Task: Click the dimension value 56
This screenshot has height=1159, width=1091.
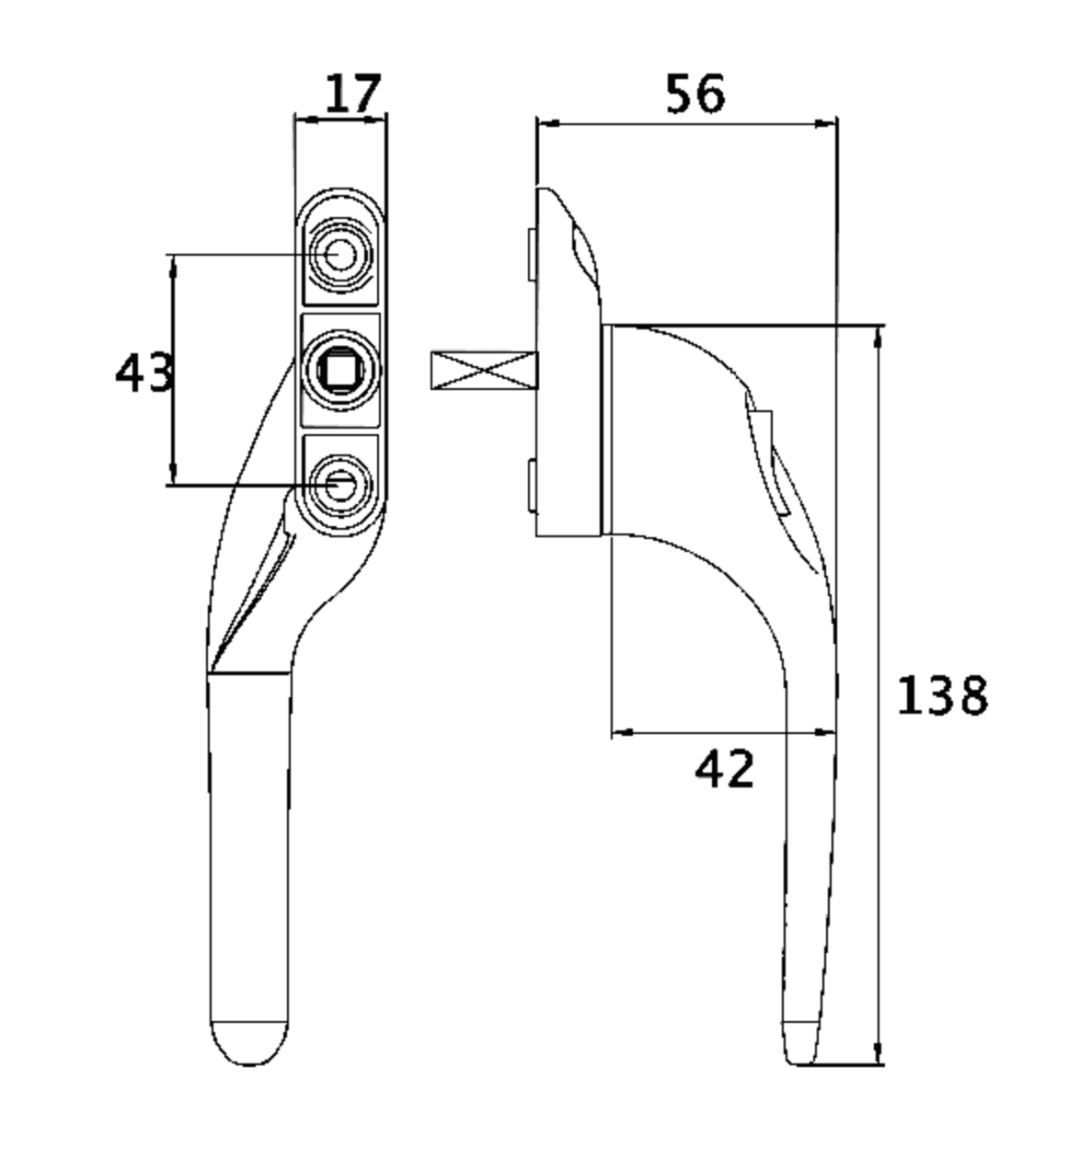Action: tap(695, 95)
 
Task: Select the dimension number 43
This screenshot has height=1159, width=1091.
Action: tap(144, 373)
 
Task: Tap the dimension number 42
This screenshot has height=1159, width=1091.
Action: tap(725, 769)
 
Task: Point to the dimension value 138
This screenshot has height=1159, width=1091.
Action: tap(942, 695)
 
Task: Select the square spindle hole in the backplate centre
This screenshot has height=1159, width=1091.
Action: tap(341, 370)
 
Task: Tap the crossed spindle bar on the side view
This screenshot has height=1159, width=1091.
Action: tap(483, 370)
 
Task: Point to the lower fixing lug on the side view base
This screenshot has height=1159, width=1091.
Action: tap(531, 485)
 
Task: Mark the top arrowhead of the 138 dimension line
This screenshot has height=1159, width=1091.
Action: tap(879, 337)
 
